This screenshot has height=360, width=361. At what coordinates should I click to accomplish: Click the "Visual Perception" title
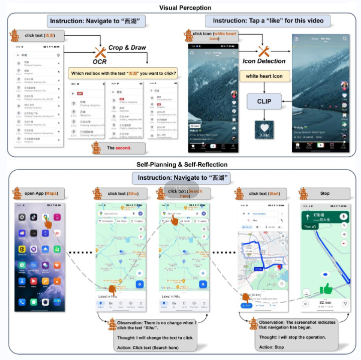tap(185, 7)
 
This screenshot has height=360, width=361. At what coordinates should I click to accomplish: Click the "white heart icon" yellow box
tap(264, 76)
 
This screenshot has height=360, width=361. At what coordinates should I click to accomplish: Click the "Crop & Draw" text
tap(128, 48)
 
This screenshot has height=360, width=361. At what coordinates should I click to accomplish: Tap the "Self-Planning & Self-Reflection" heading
tap(182, 164)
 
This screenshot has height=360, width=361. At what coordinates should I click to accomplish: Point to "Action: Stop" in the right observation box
tap(272, 347)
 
